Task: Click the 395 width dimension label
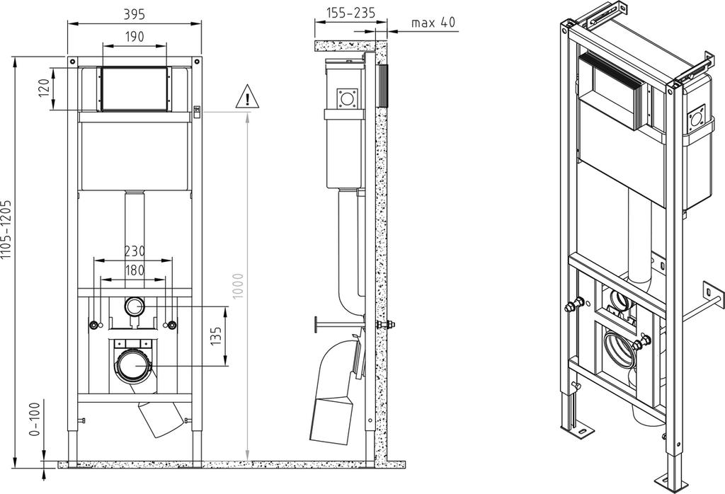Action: pyautogui.click(x=134, y=14)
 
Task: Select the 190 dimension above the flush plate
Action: pyautogui.click(x=134, y=36)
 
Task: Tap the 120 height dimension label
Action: pyautogui.click(x=44, y=88)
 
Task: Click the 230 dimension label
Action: pyautogui.click(x=135, y=251)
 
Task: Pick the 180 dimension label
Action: pyautogui.click(x=135, y=270)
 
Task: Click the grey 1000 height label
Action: pyautogui.click(x=238, y=286)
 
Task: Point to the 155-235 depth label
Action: pyautogui.click(x=350, y=13)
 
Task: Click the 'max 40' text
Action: pyautogui.click(x=433, y=22)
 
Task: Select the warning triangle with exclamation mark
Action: pyautogui.click(x=247, y=97)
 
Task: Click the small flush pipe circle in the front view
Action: pyautogui.click(x=135, y=306)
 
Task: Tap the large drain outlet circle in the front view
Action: pyautogui.click(x=133, y=366)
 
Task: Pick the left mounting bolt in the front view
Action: pyautogui.click(x=94, y=325)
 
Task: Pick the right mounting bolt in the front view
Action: pyautogui.click(x=171, y=325)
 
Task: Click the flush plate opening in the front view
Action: pyautogui.click(x=134, y=89)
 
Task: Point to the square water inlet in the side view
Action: pyautogui.click(x=346, y=98)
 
